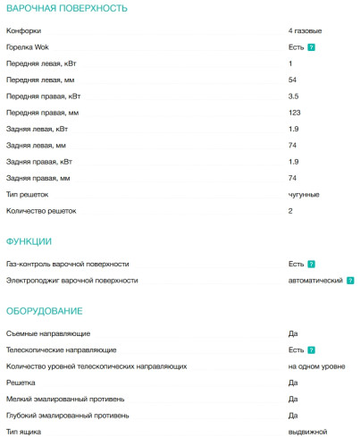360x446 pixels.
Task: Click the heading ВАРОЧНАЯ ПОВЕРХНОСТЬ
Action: pyautogui.click(x=66, y=8)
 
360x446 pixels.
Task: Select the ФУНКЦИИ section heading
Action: pyautogui.click(x=29, y=241)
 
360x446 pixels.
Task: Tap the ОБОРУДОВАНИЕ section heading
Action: pyautogui.click(x=45, y=310)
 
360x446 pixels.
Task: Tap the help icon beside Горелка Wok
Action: pyautogui.click(x=311, y=46)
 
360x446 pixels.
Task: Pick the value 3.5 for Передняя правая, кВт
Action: pyautogui.click(x=293, y=96)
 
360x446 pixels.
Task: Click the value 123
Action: pyautogui.click(x=294, y=113)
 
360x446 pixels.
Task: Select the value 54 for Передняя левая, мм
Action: pyautogui.click(x=292, y=80)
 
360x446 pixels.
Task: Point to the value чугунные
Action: pyautogui.click(x=304, y=194)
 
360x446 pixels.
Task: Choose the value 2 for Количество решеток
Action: pyautogui.click(x=290, y=211)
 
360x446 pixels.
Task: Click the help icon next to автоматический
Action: pyautogui.click(x=350, y=281)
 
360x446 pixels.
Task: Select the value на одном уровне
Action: pyautogui.click(x=316, y=366)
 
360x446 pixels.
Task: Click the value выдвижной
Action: pyautogui.click(x=306, y=432)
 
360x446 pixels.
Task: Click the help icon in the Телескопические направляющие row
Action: pyautogui.click(x=311, y=350)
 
